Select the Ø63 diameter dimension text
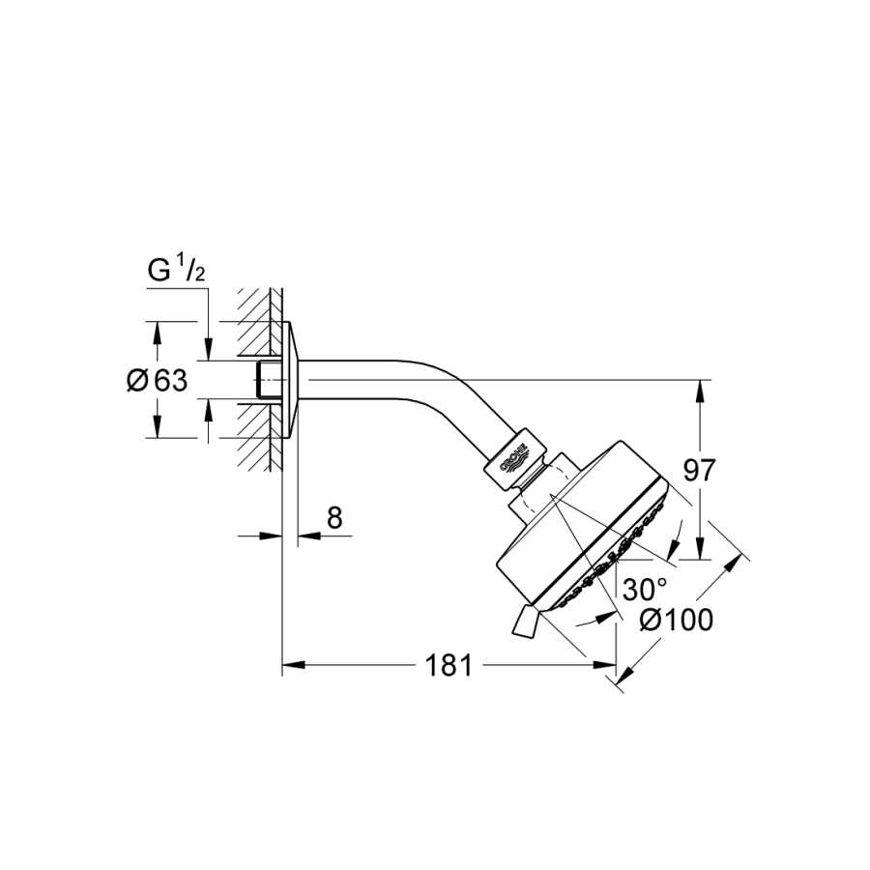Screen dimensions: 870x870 158,381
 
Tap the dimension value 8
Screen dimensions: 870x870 334,518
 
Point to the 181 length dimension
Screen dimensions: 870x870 449,665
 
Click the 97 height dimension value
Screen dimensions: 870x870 699,471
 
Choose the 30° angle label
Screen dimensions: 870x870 644,590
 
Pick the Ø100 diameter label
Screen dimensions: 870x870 677,621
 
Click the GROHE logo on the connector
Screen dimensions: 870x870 514,458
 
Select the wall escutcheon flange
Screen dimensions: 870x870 292,380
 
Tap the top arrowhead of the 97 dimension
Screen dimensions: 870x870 700,391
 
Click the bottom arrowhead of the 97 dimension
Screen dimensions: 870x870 700,548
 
